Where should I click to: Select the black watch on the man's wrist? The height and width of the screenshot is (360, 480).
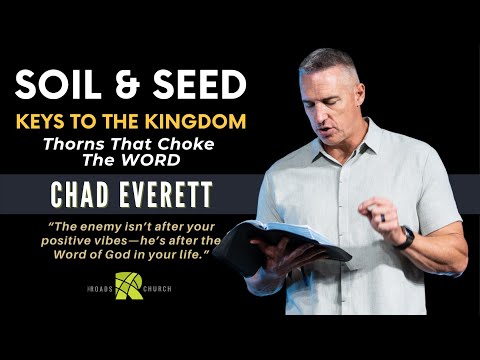tap(405, 237)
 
